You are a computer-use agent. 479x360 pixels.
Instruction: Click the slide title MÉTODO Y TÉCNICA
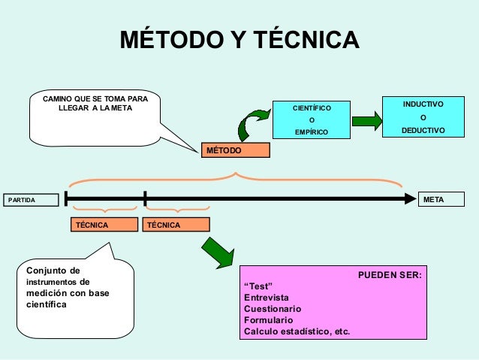tap(239, 39)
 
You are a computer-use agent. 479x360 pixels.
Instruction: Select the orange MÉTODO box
tap(235, 150)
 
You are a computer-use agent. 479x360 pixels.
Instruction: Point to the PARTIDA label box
tap(30, 199)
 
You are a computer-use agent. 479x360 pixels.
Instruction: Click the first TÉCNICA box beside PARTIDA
tap(104, 225)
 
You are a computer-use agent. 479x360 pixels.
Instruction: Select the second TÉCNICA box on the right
tap(176, 225)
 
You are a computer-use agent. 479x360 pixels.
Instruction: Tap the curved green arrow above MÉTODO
tap(253, 123)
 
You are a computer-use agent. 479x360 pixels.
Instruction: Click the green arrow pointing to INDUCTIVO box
tap(367, 120)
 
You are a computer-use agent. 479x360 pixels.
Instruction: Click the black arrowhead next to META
tap(410, 199)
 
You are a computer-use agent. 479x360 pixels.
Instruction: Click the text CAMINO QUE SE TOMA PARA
tap(95, 99)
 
